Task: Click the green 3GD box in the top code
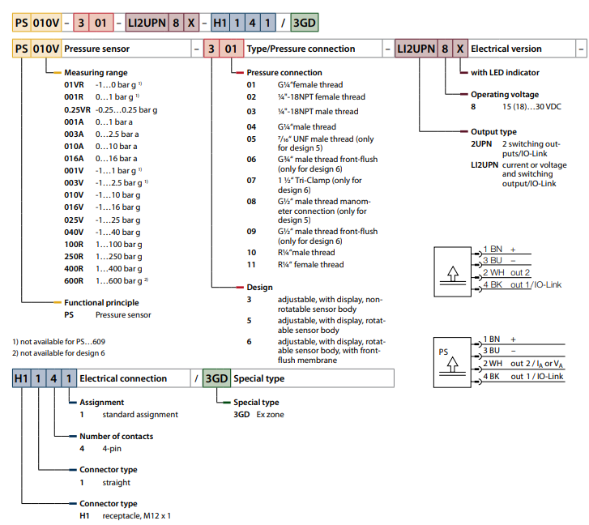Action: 305,22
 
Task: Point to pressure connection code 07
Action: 251,180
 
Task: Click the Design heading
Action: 259,287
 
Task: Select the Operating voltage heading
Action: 505,95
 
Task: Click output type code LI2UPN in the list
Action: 485,164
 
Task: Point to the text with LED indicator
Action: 505,73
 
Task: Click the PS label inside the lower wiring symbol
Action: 442,352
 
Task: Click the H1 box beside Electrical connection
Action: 22,378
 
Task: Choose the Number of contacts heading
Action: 116,436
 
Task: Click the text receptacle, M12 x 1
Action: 134,514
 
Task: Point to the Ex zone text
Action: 268,414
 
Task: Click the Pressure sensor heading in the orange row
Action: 96,49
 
